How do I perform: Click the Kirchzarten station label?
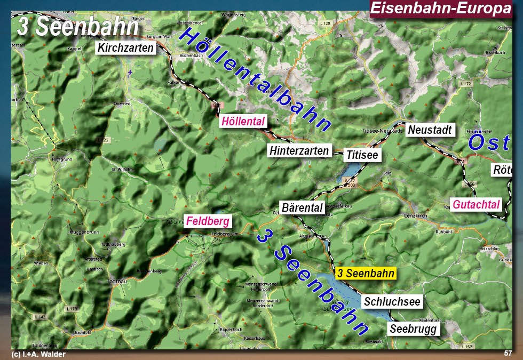coord(126,48)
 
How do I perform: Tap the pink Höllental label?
coord(243,122)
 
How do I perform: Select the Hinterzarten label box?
coord(299,151)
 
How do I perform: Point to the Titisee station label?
coord(362,155)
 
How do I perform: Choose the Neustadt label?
coord(430,130)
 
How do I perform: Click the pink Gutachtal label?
coord(477,204)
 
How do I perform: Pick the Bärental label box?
coord(302,207)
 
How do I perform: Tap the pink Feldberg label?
coord(208,221)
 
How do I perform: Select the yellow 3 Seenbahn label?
coord(366,273)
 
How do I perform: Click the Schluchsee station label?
coord(392,301)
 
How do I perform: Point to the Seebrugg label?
coord(414,329)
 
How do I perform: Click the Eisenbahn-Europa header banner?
coord(440,9)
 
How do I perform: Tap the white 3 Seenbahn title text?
coord(77,27)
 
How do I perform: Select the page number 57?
coord(508,353)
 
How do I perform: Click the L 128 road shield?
coord(325,23)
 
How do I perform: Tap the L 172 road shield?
coord(465,84)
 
